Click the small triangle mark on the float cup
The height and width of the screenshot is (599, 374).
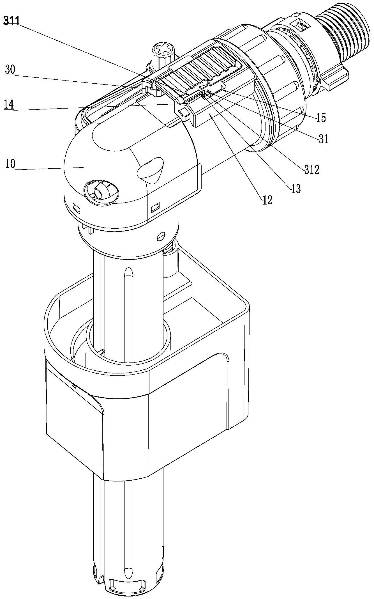tap(74, 385)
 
